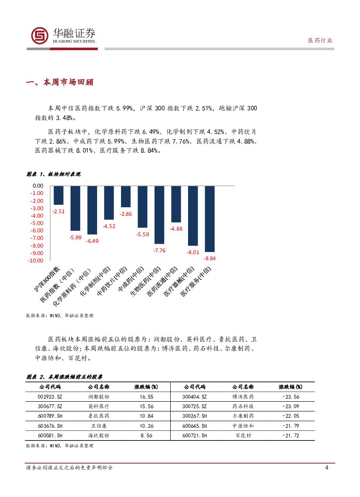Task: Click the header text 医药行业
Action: (320, 40)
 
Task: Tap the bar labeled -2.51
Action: (58, 195)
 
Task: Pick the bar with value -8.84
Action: (209, 218)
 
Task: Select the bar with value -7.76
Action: (159, 215)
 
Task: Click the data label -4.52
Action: (109, 226)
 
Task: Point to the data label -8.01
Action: (193, 252)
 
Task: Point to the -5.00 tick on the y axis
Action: (37, 223)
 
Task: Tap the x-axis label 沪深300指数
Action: (47, 279)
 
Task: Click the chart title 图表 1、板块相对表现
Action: (54, 174)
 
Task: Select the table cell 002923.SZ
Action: (50, 396)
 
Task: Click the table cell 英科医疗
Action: (99, 406)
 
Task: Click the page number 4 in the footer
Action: (326, 468)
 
